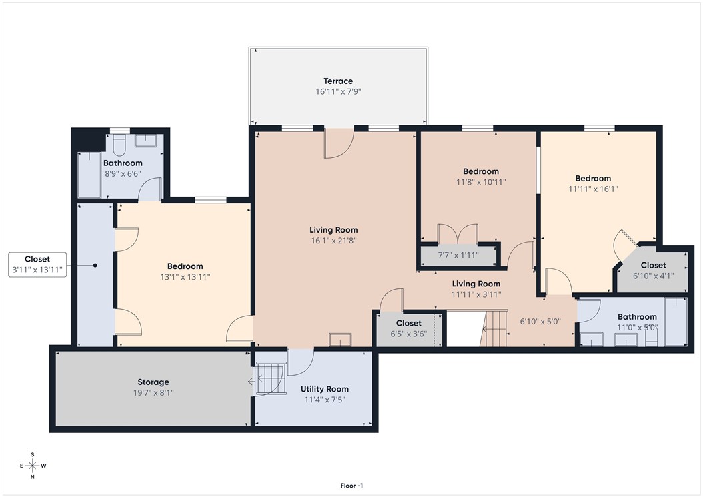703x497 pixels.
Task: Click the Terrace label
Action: coord(338,81)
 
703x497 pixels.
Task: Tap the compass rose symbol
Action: coord(32,465)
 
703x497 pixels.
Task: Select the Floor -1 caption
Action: coord(351,486)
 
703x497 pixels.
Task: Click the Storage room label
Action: coord(153,382)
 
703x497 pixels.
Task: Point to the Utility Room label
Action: coord(324,389)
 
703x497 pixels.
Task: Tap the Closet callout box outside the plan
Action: coord(37,264)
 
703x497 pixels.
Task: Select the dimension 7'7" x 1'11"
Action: coord(459,256)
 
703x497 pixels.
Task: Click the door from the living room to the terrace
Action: coord(339,143)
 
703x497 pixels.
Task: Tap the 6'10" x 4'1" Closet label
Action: coord(653,265)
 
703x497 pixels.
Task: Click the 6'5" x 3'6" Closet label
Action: coord(408,323)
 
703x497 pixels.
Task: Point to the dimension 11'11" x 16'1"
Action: coord(593,189)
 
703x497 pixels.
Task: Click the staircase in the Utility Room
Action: coord(269,379)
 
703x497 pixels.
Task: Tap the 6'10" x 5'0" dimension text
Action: coord(540,321)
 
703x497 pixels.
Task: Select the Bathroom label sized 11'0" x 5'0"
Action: coord(637,317)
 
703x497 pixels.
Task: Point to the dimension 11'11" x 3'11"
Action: coord(476,294)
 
